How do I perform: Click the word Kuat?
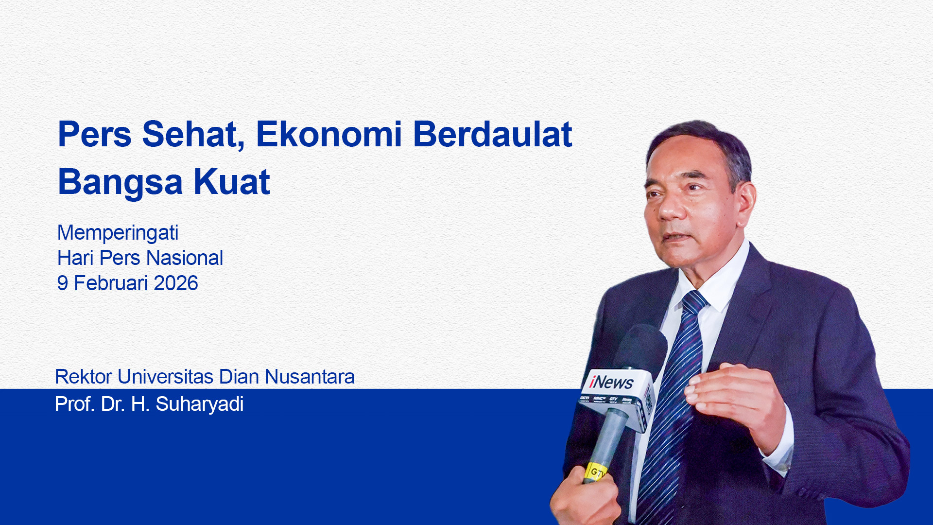coord(232,182)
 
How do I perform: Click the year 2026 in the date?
coord(176,283)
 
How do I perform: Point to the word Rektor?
coord(84,377)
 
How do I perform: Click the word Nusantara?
coord(310,377)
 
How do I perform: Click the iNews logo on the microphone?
coord(611,382)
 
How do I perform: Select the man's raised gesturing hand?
coord(734,399)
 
